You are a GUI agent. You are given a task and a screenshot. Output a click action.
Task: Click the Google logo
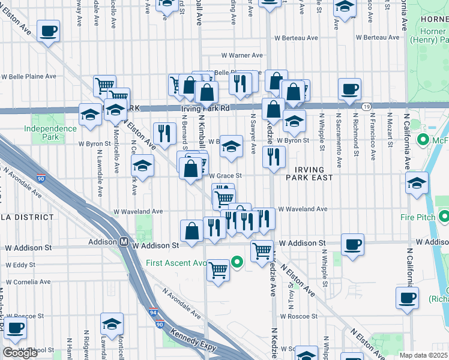[x=20, y=353]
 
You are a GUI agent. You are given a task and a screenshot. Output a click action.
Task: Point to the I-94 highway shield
[x=154, y=313]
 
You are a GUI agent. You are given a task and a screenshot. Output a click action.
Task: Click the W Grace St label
[x=224, y=176]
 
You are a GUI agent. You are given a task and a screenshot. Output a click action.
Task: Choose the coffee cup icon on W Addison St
[x=353, y=244]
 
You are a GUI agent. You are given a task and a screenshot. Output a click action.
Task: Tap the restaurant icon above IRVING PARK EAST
[x=274, y=157]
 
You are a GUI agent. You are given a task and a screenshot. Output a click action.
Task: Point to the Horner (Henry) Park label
[x=428, y=35]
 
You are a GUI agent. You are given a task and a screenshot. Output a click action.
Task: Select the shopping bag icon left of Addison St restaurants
[x=191, y=231]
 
